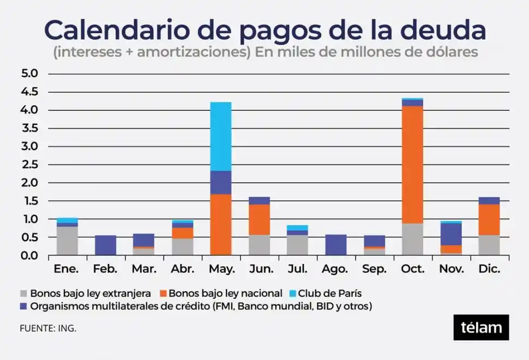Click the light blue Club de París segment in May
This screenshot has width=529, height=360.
pyautogui.click(x=220, y=136)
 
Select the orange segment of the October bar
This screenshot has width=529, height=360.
pyautogui.click(x=412, y=164)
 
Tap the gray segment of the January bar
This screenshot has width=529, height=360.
pyautogui.click(x=67, y=241)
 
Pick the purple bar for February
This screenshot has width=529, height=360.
pyautogui.click(x=105, y=245)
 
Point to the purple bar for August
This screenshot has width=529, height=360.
pyautogui.click(x=335, y=245)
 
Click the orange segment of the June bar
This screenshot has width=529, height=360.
pyautogui.click(x=259, y=219)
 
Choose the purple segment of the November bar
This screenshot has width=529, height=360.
pyautogui.click(x=451, y=234)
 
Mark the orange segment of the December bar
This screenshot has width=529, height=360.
pyautogui.click(x=489, y=219)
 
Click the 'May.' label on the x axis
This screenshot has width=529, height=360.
pyautogui.click(x=221, y=269)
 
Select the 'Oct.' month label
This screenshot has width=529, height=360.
pyautogui.click(x=413, y=269)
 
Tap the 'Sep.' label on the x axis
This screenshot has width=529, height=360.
pyautogui.click(x=374, y=269)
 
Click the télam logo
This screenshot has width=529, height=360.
pyautogui.click(x=481, y=327)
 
